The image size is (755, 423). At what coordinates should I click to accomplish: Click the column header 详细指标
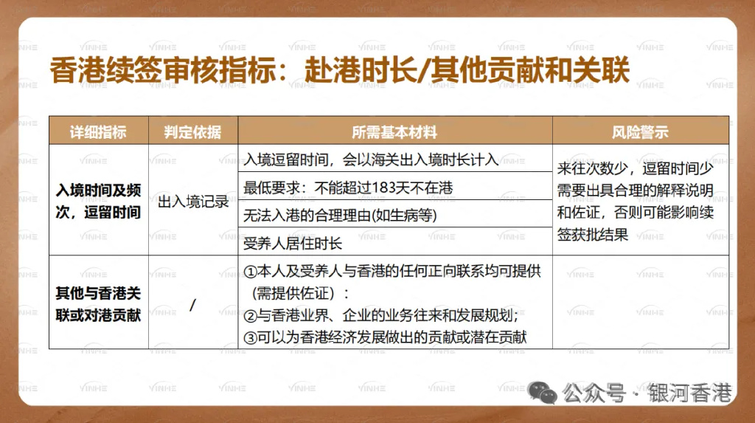tap(98, 132)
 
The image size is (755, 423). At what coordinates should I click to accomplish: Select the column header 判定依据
tap(193, 132)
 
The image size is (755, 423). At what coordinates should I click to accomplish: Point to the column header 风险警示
tap(640, 132)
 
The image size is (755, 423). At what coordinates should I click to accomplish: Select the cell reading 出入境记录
tap(193, 202)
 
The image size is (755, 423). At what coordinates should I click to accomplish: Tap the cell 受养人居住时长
tap(293, 243)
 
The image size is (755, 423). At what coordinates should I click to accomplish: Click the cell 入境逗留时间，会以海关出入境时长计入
tap(372, 160)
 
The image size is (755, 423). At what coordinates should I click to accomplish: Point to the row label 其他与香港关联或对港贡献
tap(99, 303)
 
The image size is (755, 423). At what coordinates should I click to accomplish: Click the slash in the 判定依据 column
tap(192, 304)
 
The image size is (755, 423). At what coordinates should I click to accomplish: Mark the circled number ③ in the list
tap(249, 337)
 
